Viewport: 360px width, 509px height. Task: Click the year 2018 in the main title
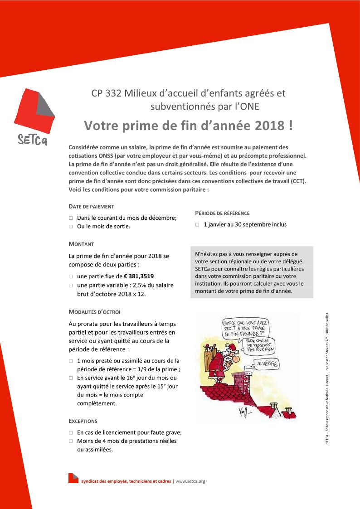(270, 126)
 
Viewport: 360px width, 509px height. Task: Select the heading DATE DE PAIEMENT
(91, 206)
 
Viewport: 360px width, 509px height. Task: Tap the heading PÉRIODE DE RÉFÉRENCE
(222, 213)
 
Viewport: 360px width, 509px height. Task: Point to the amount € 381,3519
(141, 276)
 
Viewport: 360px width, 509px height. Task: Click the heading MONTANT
(81, 244)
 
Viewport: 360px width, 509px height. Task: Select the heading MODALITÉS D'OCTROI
(94, 312)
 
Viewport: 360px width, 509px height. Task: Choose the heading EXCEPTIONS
(83, 421)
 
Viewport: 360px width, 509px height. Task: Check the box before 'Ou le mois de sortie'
(71, 227)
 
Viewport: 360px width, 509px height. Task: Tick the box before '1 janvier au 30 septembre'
(198, 225)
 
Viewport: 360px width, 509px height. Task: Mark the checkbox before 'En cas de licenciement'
(71, 433)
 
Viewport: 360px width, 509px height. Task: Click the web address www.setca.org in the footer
(190, 481)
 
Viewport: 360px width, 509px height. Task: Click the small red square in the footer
(73, 478)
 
